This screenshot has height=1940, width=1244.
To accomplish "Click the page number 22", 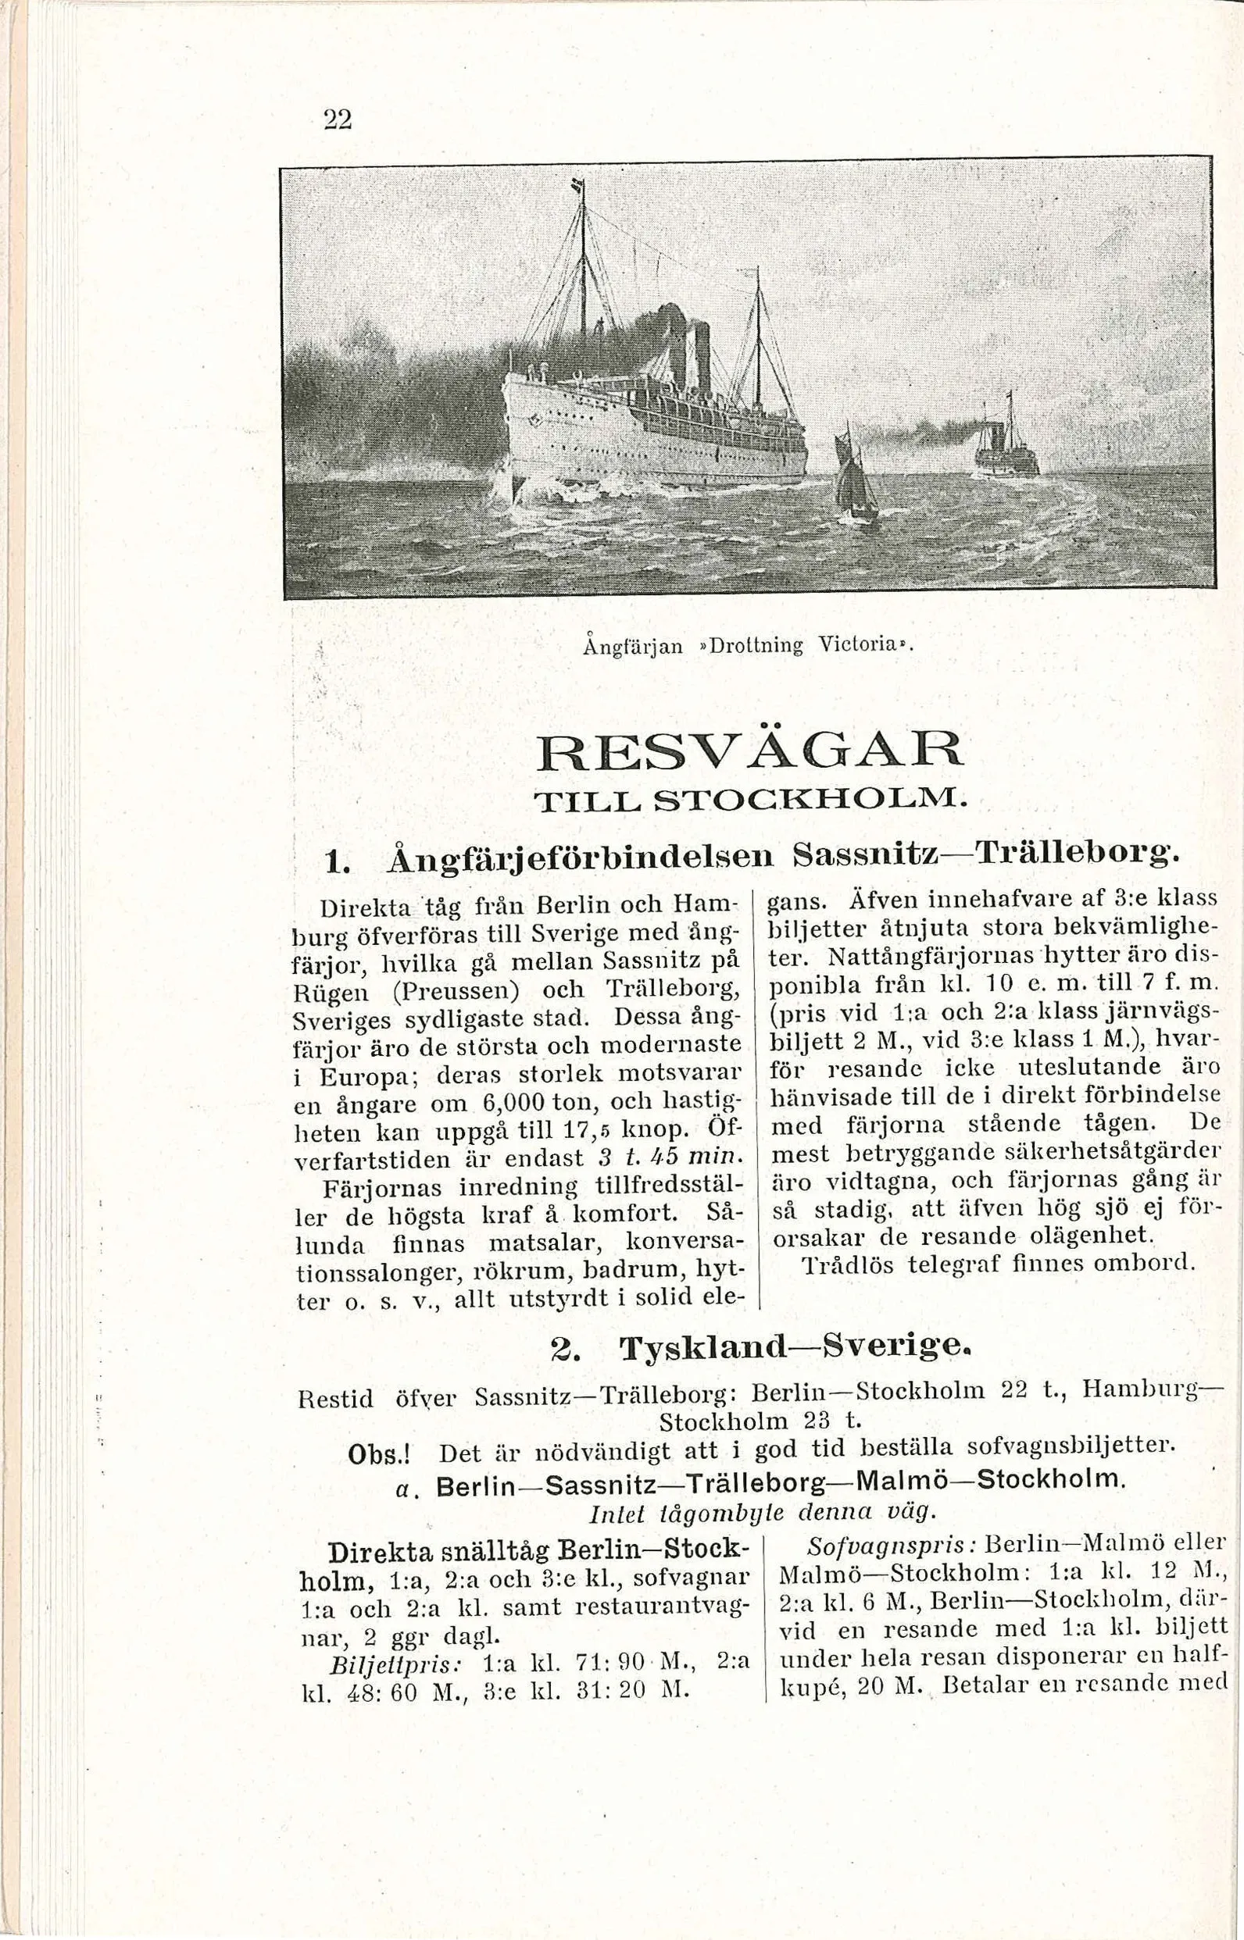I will click(337, 119).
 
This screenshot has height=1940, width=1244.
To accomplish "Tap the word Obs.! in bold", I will click(379, 1454).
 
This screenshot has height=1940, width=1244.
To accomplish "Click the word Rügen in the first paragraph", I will click(328, 990).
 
